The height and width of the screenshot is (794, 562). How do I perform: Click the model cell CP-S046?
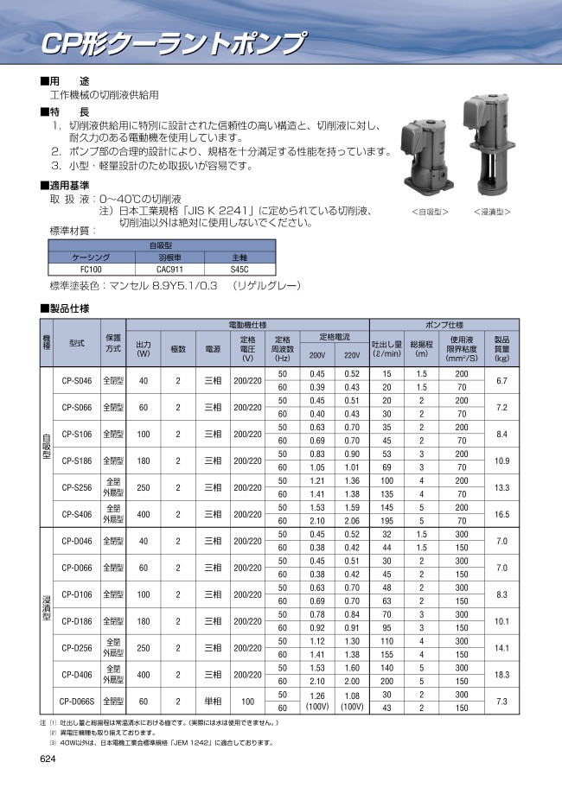click(x=78, y=380)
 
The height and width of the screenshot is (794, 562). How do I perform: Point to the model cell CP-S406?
click(x=78, y=514)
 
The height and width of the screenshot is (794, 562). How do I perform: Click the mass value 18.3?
click(x=501, y=675)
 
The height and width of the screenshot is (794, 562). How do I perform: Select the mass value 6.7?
click(x=501, y=380)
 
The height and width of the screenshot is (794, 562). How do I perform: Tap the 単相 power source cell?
click(x=212, y=702)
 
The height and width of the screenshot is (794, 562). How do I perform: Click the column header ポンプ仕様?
click(x=444, y=325)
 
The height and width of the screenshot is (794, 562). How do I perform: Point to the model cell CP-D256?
click(x=78, y=648)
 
